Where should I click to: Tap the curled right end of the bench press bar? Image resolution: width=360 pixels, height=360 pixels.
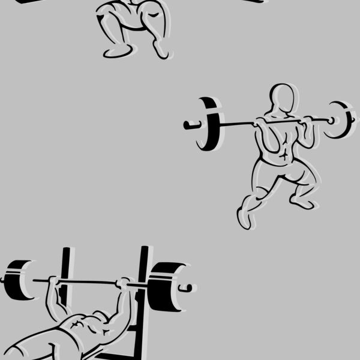pos(188,288)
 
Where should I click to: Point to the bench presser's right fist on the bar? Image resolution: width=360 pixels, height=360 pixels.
pos(124,283)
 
